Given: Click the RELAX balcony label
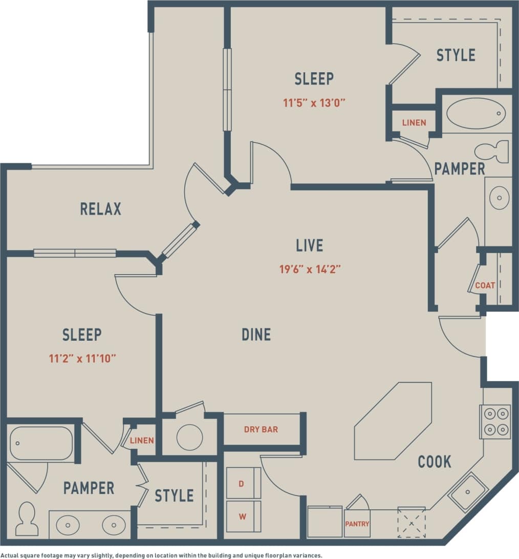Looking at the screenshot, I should click(101, 209).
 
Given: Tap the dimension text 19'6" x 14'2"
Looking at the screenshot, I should click(310, 269).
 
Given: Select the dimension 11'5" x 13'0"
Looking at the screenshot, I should click(315, 102).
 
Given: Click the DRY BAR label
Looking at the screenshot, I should click(261, 429).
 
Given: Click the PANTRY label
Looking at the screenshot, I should click(357, 524).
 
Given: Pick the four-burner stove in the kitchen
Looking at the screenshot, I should click(495, 421).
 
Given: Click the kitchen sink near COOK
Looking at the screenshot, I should click(468, 492).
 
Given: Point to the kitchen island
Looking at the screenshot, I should click(393, 421).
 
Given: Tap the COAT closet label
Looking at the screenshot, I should click(485, 285).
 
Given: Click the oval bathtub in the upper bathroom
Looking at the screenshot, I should click(475, 113).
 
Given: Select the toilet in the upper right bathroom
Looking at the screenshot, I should click(491, 152).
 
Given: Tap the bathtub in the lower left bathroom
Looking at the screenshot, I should click(41, 443).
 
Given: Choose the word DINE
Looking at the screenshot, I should click(256, 335).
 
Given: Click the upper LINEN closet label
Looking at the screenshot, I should click(414, 123).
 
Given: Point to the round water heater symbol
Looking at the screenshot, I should click(189, 437).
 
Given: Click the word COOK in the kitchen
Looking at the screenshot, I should click(435, 462).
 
